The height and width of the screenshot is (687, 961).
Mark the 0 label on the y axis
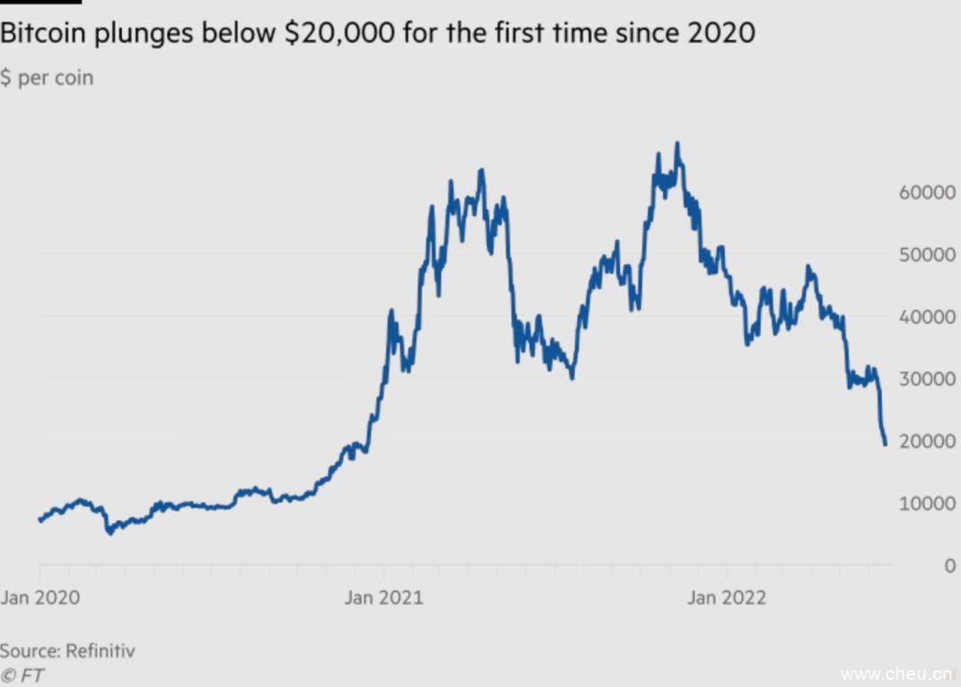click(949, 566)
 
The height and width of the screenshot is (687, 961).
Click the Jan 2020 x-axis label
click(40, 597)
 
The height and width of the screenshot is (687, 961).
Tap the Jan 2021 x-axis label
click(384, 597)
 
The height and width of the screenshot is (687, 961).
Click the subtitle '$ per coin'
click(46, 77)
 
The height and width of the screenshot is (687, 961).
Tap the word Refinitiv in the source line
click(101, 651)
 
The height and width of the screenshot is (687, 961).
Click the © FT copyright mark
click(22, 675)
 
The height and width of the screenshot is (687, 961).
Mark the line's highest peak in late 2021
click(678, 143)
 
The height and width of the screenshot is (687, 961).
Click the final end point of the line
click(885, 444)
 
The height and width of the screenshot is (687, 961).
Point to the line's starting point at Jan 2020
click(40, 520)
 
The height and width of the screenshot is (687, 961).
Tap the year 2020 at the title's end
click(721, 34)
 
